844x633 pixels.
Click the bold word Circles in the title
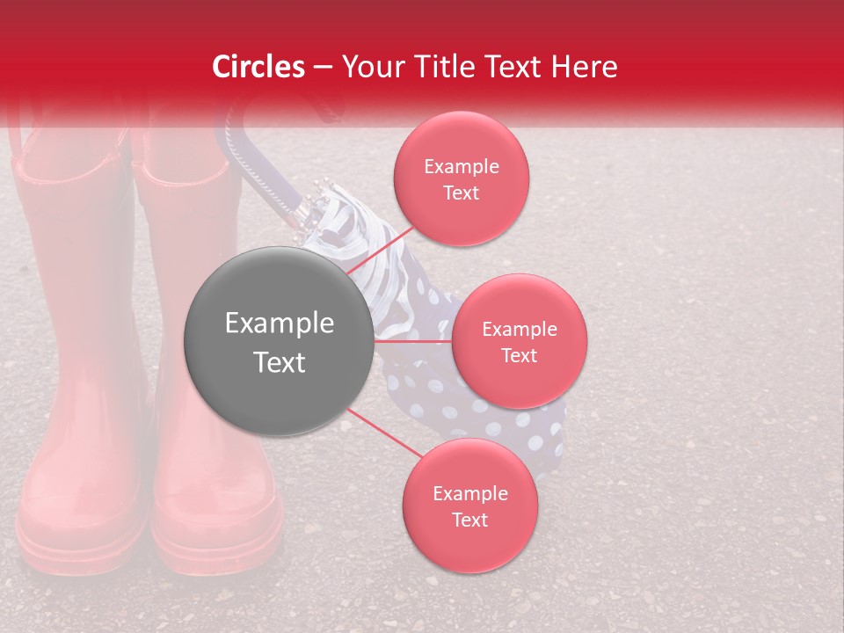[x=258, y=67]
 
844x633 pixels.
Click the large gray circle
[x=280, y=341]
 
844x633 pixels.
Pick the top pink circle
[x=461, y=178]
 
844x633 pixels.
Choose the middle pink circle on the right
[x=519, y=341]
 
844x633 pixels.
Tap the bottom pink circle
[x=469, y=506]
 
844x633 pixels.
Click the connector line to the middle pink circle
[x=413, y=341]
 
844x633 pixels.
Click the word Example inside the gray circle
[x=280, y=324]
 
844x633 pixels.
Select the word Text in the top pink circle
[x=461, y=193]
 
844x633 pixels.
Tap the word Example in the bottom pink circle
[x=469, y=493]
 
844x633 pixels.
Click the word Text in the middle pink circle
[x=519, y=355]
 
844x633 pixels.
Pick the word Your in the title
[x=369, y=67]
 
